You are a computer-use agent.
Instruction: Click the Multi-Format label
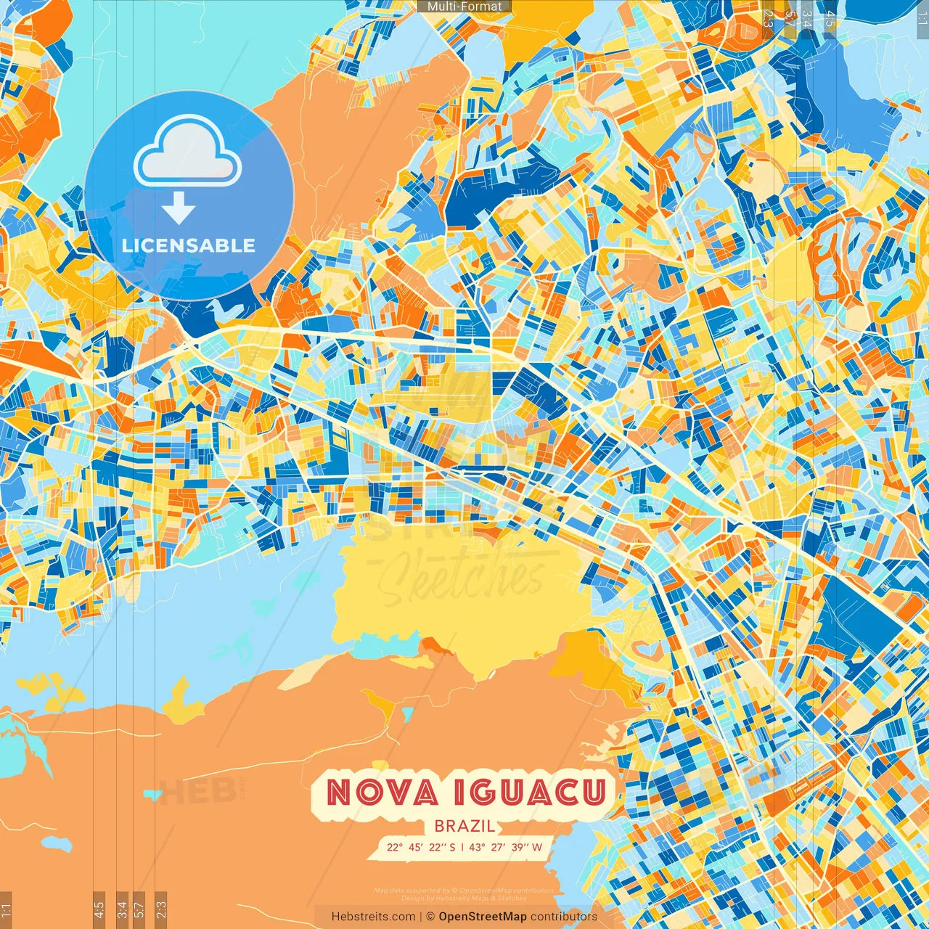pos(464,7)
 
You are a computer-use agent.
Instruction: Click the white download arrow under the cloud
pos(179,208)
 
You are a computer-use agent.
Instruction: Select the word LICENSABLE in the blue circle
pos(189,245)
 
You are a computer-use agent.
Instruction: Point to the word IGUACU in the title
pos(530,793)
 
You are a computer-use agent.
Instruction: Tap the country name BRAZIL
pos(464,826)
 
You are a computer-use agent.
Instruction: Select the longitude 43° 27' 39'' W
pos(506,847)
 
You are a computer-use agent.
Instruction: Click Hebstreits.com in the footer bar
pos(374,917)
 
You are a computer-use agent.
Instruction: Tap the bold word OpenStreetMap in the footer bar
pos(483,917)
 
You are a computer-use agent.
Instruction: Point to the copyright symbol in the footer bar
pos(430,917)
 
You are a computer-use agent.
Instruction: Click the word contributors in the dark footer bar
pos(564,917)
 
